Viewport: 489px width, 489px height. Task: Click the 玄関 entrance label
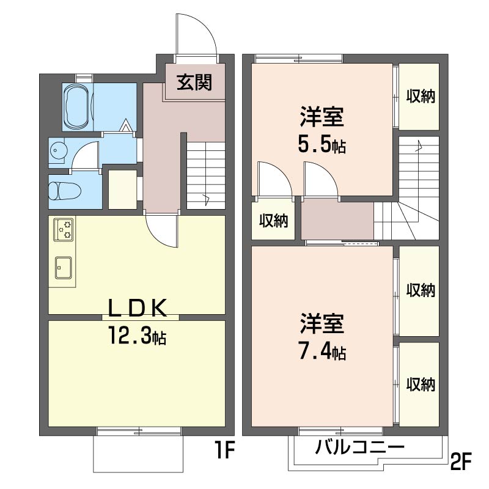(194, 83)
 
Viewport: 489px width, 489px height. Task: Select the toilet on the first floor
(65, 191)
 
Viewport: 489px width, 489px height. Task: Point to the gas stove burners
(64, 230)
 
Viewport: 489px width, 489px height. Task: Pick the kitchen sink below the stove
(64, 268)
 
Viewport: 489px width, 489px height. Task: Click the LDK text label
(137, 308)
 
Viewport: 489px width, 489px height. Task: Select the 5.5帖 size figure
(322, 145)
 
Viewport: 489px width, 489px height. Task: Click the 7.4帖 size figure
(322, 352)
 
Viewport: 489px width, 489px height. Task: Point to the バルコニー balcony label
(359, 447)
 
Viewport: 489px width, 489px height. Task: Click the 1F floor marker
(224, 450)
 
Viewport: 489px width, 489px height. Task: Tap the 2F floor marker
(461, 461)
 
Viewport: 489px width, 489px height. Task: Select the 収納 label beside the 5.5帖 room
(421, 96)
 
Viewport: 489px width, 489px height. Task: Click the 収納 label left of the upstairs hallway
(273, 221)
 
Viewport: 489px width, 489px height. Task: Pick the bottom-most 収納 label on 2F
(421, 384)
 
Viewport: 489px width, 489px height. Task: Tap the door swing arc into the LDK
(157, 237)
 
